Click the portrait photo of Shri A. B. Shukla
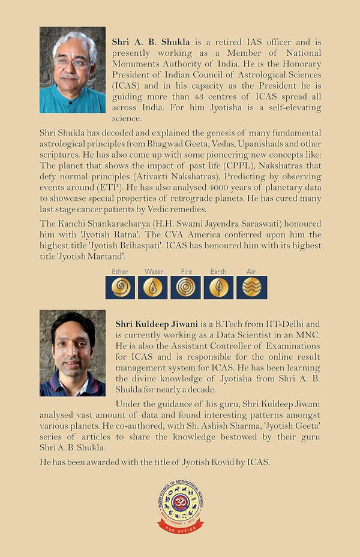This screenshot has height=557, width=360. pyautogui.click(x=72, y=70)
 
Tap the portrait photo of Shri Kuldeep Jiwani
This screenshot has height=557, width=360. pyautogui.click(x=72, y=353)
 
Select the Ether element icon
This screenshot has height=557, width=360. pyautogui.click(x=121, y=288)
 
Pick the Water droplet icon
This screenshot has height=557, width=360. pyautogui.click(x=153, y=288)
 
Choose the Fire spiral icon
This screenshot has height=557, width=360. pyautogui.click(x=185, y=288)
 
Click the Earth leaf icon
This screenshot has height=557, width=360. pyautogui.click(x=218, y=288)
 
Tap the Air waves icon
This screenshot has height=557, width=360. pyautogui.click(x=251, y=288)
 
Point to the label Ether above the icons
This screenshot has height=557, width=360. pyautogui.click(x=120, y=272)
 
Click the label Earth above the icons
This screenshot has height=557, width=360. pyautogui.click(x=218, y=272)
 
